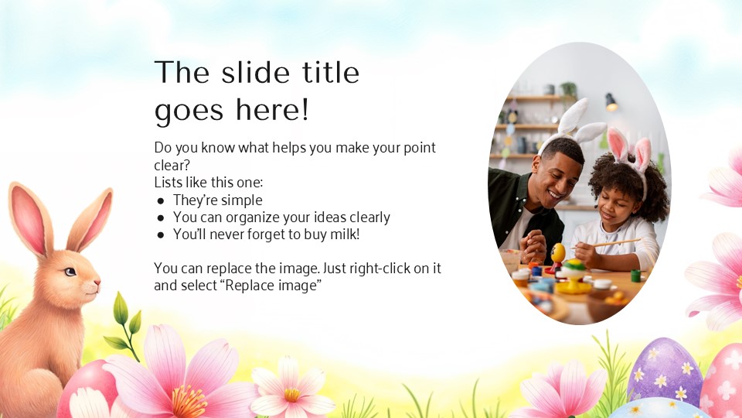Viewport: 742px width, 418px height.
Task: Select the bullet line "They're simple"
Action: pos(217,200)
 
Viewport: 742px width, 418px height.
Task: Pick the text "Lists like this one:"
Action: pos(209,183)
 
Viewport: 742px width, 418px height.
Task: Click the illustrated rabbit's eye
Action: pos(71,271)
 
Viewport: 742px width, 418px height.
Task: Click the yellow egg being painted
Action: pos(558,252)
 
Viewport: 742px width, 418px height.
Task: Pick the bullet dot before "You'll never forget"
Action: pos(161,235)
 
